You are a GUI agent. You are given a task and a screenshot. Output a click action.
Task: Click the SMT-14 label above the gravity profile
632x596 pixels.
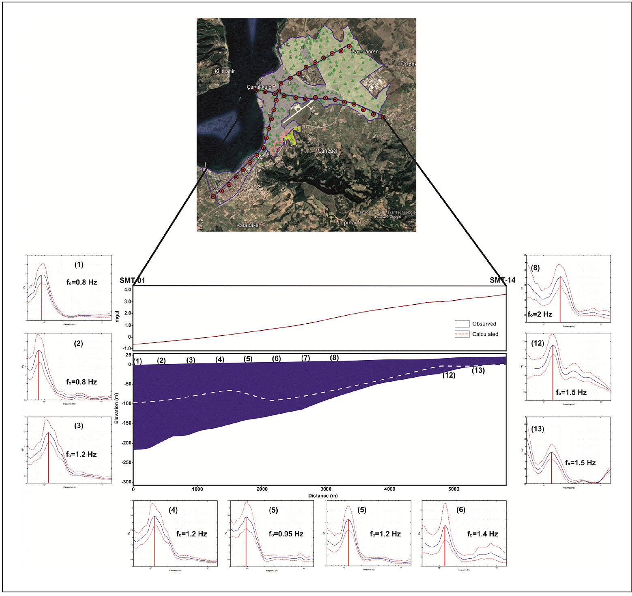pos(502,280)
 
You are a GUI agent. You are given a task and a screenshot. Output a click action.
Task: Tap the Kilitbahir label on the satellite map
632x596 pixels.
pos(225,71)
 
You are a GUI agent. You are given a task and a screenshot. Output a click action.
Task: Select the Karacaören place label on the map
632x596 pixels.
pos(365,51)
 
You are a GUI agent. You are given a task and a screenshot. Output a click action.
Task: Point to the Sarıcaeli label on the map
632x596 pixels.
pos(328,151)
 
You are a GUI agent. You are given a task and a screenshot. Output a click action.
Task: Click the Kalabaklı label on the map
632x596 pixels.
pos(247,225)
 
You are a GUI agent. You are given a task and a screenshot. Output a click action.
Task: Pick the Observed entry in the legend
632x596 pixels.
pos(484,324)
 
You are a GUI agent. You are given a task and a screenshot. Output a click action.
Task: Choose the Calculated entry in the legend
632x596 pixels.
pos(485,334)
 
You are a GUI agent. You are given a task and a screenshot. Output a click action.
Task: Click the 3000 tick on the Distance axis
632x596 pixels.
pos(326,489)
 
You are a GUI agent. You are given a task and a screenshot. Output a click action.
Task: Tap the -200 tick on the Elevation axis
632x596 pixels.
pos(126,443)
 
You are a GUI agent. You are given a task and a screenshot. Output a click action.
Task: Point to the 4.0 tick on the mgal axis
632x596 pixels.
pos(128,290)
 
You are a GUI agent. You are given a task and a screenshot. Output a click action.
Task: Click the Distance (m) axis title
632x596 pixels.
pos(323,496)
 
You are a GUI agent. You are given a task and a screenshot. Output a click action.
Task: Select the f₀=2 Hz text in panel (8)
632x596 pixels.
pos(540,314)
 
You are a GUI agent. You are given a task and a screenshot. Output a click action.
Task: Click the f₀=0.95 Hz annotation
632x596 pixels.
pos(286,534)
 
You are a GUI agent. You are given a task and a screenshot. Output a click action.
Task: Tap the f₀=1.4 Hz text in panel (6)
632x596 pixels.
pos(482,534)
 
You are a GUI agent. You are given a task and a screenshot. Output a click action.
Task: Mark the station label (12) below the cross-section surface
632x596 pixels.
pos(449,375)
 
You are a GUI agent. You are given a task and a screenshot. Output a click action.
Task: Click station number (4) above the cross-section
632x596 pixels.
pos(220,359)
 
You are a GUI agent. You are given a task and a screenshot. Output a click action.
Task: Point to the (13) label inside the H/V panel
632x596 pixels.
pos(538,429)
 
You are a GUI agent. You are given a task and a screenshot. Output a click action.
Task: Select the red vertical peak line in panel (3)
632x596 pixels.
pos(48,458)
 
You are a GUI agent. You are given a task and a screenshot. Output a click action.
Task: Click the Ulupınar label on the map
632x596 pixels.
pos(346,222)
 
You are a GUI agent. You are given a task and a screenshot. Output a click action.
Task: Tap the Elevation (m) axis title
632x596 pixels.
pos(117,408)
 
